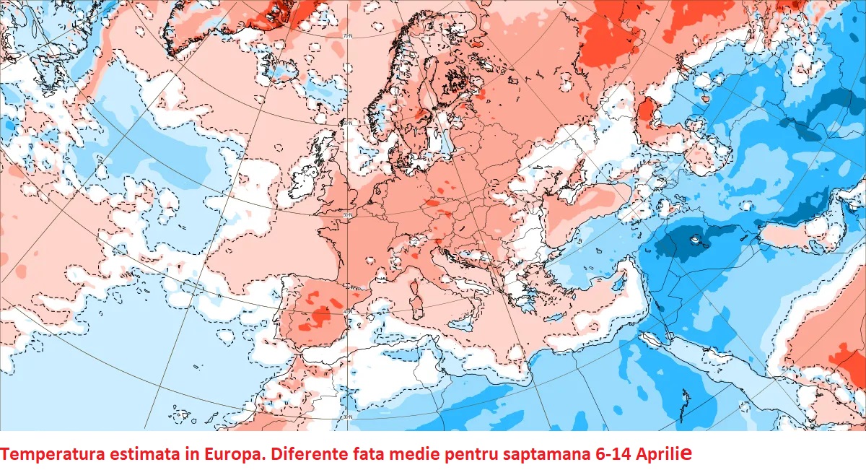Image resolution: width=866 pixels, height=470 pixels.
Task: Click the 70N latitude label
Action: (348, 35)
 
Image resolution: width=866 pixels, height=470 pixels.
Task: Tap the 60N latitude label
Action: (347, 123)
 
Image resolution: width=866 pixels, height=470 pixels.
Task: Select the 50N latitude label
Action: (347, 215)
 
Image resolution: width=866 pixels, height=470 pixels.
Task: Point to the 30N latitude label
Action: (347, 417)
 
